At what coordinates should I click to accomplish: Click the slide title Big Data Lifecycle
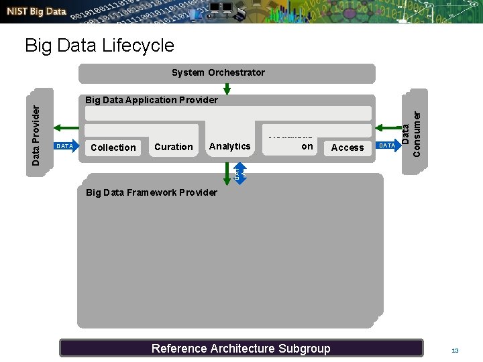coord(99,46)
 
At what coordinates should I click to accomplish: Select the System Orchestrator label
coord(218,72)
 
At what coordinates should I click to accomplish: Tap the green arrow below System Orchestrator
coord(227,89)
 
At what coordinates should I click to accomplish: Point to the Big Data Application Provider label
coord(152,100)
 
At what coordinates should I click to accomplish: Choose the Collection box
coord(113,147)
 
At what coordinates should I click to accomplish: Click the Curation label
coord(173,147)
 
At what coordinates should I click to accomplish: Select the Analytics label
coord(229,146)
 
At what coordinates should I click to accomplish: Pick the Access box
coord(347,147)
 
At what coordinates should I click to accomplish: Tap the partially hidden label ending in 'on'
coord(307,146)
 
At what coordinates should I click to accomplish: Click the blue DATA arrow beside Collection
coord(64,146)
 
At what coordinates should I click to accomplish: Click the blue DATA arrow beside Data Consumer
coord(387,145)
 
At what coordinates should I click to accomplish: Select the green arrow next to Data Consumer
coord(388,127)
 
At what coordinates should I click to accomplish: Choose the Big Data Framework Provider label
coord(152,192)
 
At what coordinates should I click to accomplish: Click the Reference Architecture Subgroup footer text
coord(241,348)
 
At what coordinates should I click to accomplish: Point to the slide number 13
coord(455,351)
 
